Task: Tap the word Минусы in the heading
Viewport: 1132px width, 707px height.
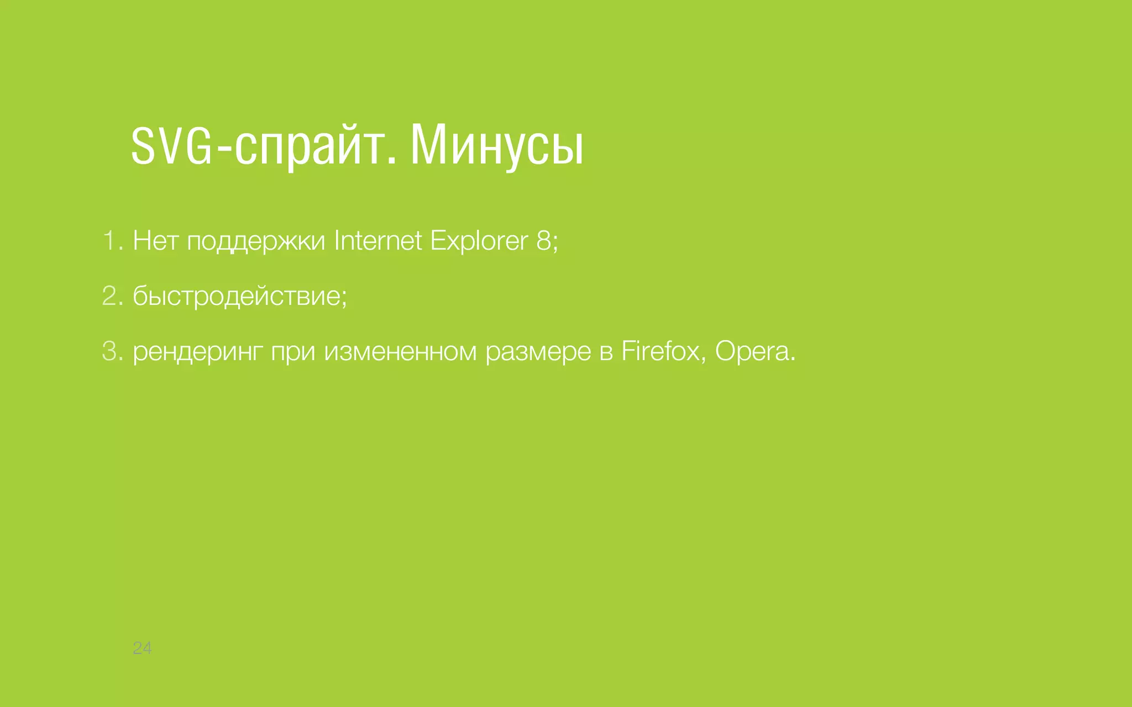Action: [496, 147]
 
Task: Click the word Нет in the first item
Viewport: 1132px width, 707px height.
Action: [155, 241]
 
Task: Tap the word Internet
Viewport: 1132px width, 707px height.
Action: [378, 241]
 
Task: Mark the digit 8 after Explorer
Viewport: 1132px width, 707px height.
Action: [543, 241]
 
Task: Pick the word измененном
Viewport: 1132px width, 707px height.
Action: [400, 352]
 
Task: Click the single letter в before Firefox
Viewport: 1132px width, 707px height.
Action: [606, 352]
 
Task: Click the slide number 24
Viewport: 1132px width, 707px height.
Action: [142, 648]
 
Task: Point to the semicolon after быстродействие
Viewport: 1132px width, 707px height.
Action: [344, 299]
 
